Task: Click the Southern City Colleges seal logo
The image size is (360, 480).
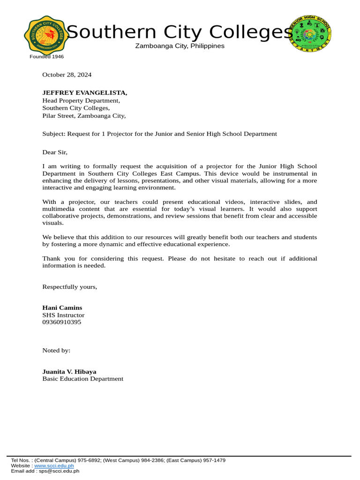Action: [46, 35]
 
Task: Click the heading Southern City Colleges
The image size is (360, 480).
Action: [180, 32]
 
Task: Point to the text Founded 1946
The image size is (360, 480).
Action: [46, 57]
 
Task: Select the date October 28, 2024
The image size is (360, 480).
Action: [67, 75]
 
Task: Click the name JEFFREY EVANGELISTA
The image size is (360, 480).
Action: [84, 93]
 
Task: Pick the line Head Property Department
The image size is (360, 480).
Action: [81, 100]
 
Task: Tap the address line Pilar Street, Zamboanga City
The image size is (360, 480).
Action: [84, 115]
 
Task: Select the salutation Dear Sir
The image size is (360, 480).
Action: [55, 152]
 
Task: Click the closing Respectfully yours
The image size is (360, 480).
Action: [70, 286]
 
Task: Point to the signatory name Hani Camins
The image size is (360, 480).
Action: [62, 307]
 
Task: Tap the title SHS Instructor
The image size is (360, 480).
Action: [63, 315]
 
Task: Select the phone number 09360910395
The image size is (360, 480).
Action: [61, 322]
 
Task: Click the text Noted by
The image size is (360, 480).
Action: [56, 350]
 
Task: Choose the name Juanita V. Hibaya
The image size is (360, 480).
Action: [69, 371]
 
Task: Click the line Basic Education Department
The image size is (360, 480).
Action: [83, 379]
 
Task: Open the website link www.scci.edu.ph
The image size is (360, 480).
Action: [54, 466]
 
